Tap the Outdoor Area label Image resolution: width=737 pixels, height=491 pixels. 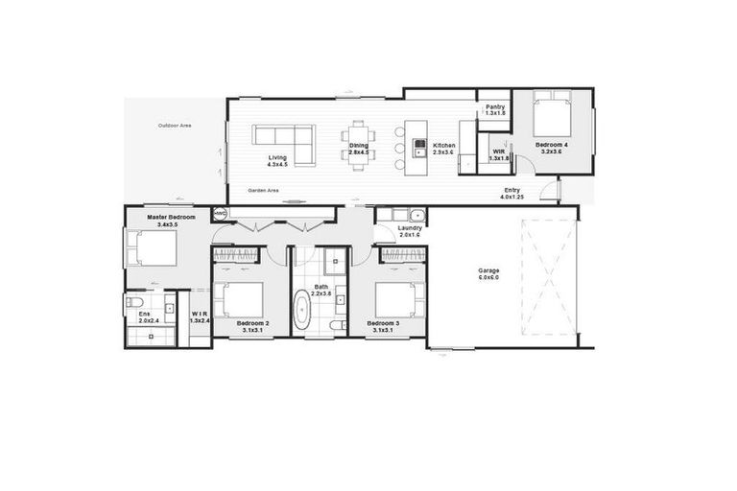click(175, 126)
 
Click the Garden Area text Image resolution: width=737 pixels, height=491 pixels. click(263, 190)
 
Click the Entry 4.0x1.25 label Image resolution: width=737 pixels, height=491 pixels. click(512, 194)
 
